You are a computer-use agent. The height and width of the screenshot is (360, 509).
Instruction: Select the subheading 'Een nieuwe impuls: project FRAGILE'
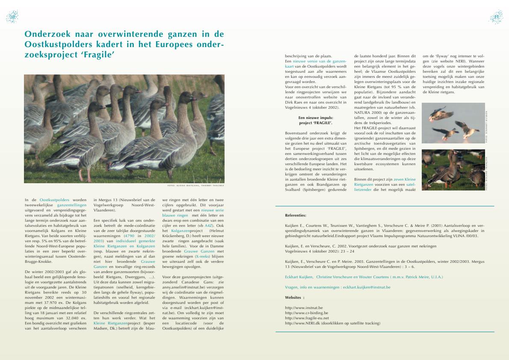(316, 120)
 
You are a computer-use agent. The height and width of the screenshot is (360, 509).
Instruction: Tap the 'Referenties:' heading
(296, 215)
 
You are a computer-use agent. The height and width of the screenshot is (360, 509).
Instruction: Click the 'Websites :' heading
(295, 297)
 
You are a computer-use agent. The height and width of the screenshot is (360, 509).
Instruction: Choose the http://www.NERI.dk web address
(299, 323)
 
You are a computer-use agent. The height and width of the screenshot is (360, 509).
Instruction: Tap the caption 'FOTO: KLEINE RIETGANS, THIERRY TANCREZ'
(195, 186)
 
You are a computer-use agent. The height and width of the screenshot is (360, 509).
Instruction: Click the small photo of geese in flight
(453, 123)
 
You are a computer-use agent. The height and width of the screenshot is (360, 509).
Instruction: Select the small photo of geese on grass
(453, 170)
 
